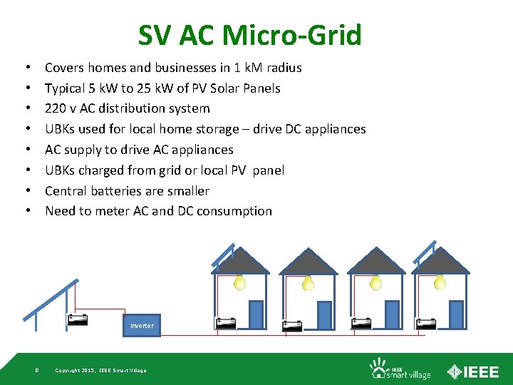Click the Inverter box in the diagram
point(142,325)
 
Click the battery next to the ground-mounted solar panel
point(77,319)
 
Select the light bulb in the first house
point(240,283)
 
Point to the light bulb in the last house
point(440,283)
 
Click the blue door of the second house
point(323,314)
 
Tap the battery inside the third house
point(361,322)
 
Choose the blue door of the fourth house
point(456,314)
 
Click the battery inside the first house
point(227,322)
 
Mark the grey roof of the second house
point(308,263)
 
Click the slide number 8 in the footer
point(36,369)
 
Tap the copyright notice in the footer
point(100,370)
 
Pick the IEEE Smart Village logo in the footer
point(390,369)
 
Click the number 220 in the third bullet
point(56,108)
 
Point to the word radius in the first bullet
point(282,68)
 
